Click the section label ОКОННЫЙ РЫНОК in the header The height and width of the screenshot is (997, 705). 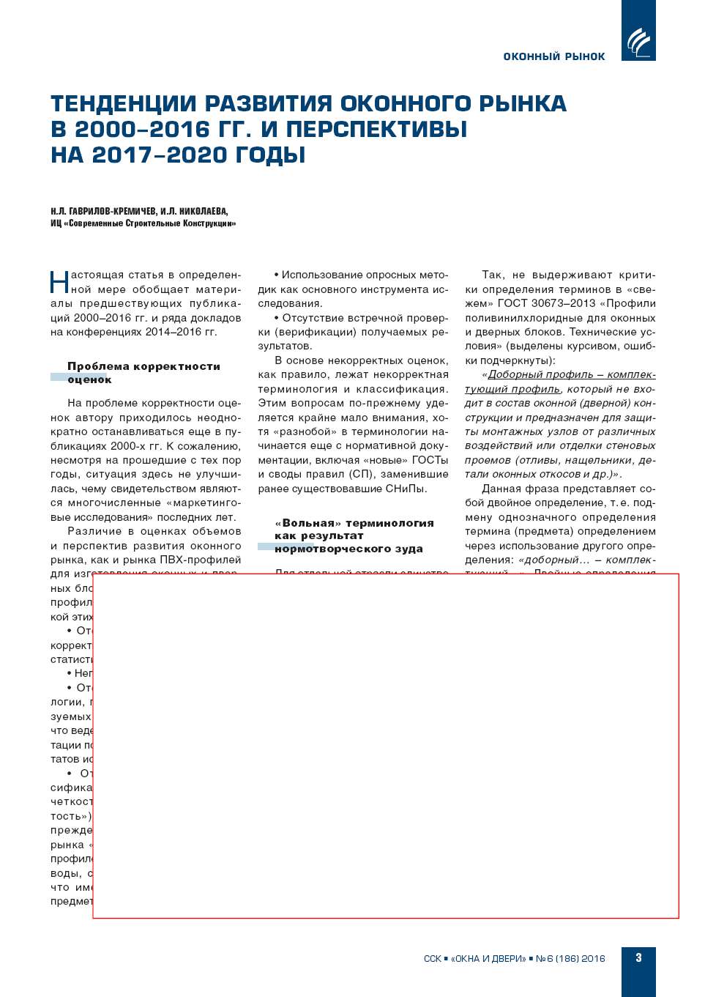554,56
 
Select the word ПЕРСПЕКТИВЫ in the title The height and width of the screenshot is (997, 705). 376,129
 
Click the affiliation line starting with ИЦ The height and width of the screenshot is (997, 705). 143,223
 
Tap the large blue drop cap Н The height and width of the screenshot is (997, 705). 59,282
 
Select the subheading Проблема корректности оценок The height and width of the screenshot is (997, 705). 143,372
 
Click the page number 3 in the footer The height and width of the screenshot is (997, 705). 638,957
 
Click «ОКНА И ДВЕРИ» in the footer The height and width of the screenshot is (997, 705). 488,958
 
